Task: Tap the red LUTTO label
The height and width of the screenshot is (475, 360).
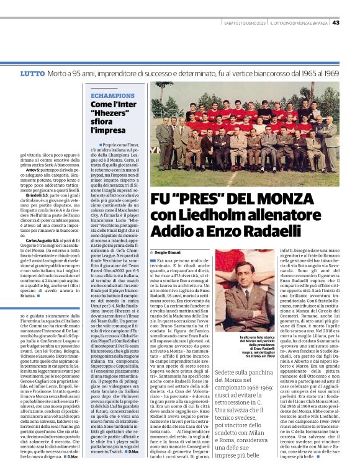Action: point(32,74)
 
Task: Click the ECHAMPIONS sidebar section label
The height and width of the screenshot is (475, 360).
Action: point(112,96)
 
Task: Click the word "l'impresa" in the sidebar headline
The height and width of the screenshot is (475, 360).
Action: point(108,131)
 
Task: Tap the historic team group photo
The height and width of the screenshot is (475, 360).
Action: point(244,133)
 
